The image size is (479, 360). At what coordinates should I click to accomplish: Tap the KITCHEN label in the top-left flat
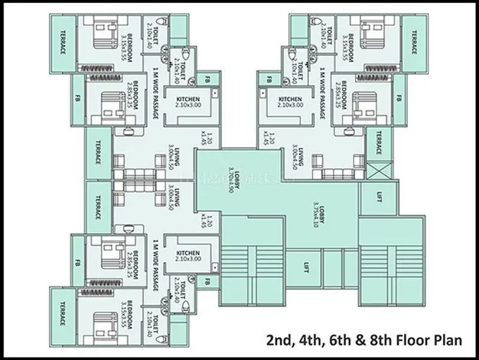tap(188, 103)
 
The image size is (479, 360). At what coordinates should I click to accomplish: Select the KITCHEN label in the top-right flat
tap(290, 103)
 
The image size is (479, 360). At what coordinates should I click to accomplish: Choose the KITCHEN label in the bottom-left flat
tap(188, 257)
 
